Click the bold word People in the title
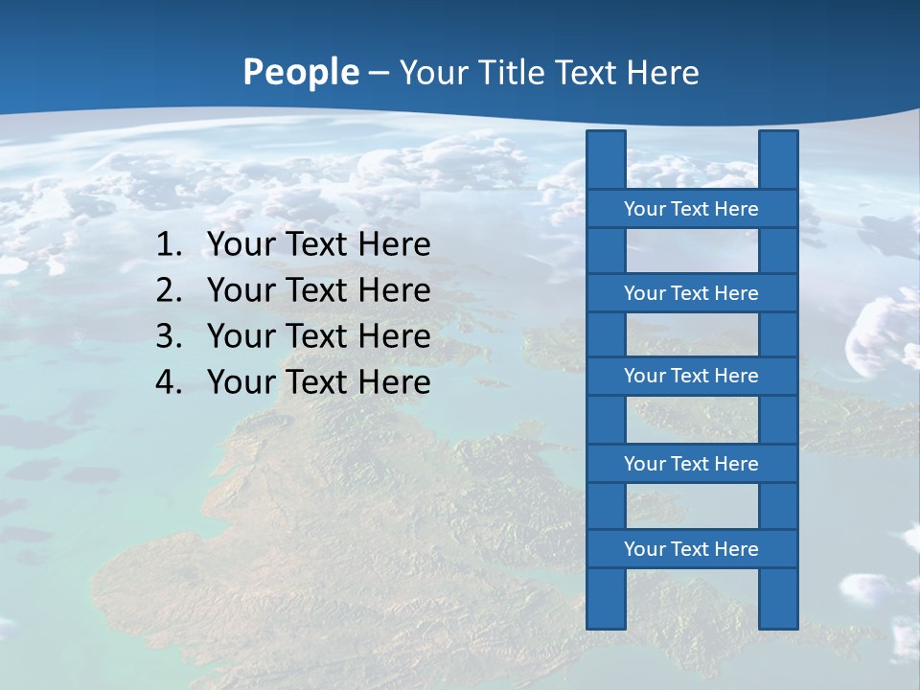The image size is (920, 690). (300, 73)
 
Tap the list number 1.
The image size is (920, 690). (168, 245)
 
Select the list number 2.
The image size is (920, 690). (168, 291)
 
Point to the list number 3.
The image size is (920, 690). (168, 337)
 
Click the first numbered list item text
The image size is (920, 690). (318, 245)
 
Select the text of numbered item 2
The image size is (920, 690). (318, 291)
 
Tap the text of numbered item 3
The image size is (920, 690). (318, 337)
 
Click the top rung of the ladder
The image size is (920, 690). (691, 209)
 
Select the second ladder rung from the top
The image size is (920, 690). (691, 293)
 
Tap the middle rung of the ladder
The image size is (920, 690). (691, 377)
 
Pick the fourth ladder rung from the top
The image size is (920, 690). (691, 464)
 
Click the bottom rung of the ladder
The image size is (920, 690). (691, 549)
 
